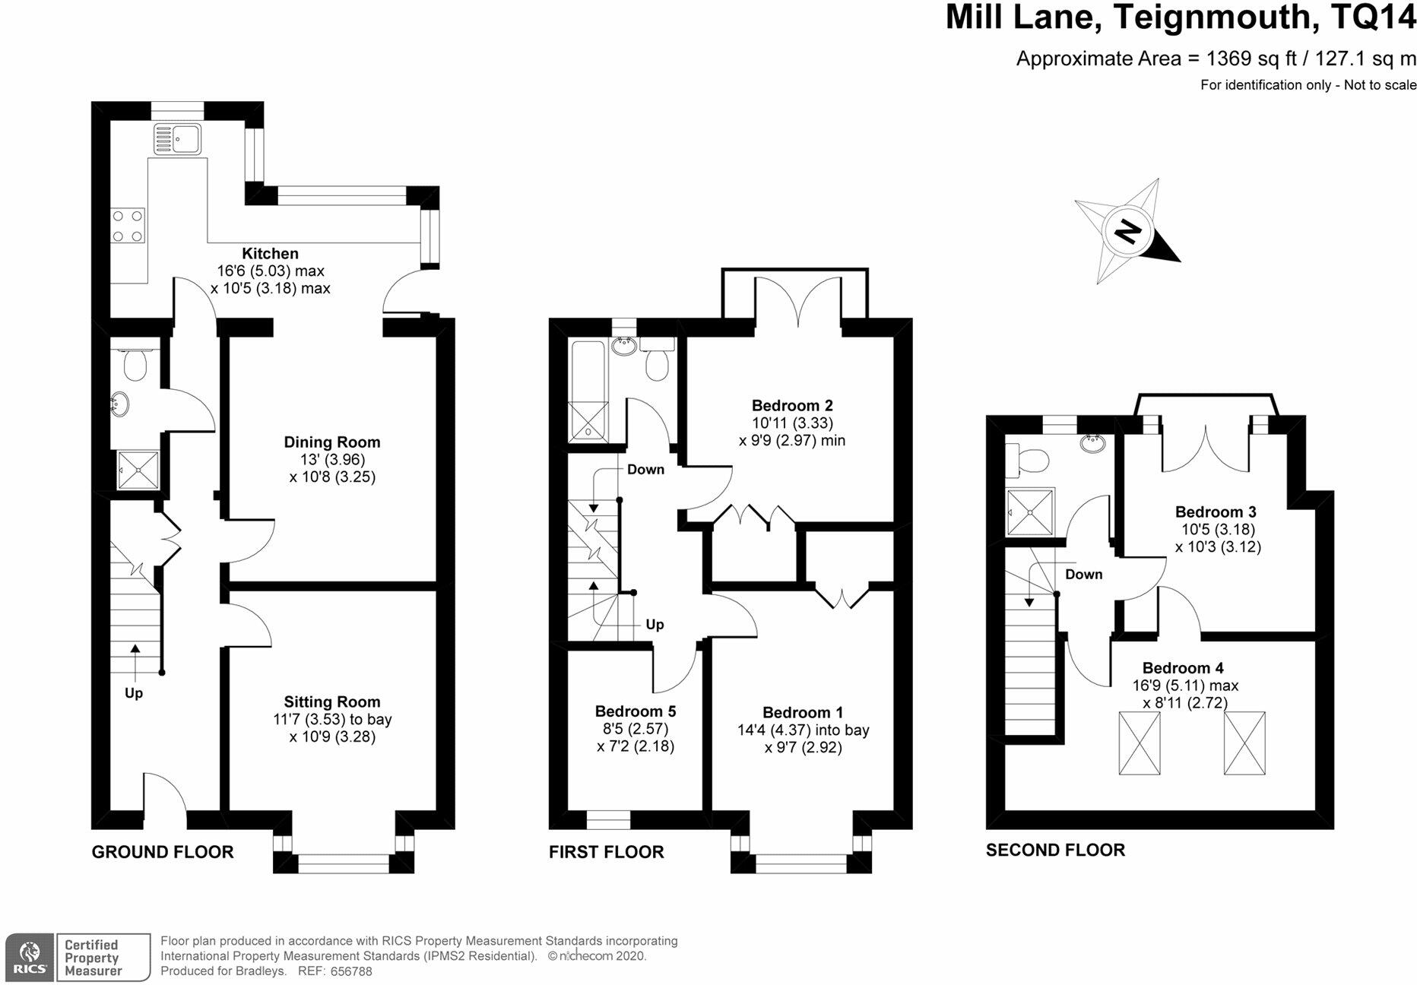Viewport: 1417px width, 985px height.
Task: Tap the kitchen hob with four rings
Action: point(128,226)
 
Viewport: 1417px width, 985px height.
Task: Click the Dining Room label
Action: point(332,442)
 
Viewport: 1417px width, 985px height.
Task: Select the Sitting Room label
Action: point(332,702)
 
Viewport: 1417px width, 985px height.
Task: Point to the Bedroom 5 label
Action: point(636,711)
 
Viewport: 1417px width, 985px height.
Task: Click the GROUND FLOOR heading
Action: point(163,852)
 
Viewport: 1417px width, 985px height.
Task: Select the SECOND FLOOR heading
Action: point(1055,850)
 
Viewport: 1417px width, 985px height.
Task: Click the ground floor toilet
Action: point(135,366)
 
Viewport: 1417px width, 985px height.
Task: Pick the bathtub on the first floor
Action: point(589,391)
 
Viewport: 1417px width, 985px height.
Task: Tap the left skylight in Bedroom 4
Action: point(1140,743)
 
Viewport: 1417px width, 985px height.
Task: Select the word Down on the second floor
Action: point(1084,575)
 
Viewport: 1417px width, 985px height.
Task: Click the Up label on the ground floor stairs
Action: point(134,693)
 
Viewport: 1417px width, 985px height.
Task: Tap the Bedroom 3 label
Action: point(1216,512)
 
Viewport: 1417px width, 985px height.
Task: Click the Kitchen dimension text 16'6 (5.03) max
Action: point(271,271)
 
